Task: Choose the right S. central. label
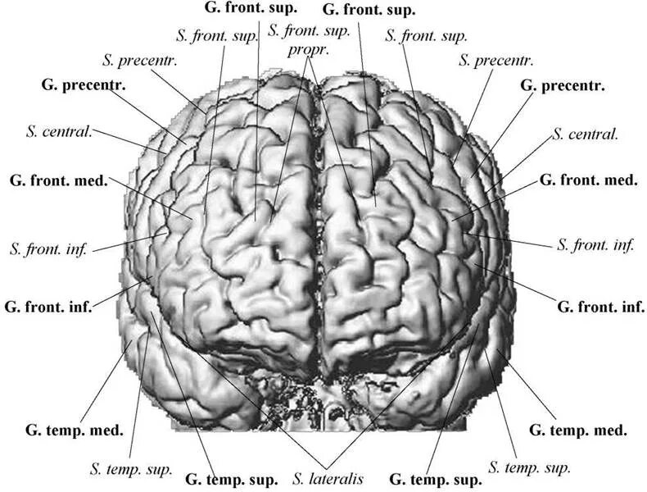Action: tap(585, 134)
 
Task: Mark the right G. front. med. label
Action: tap(588, 180)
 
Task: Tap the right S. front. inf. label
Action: tap(595, 244)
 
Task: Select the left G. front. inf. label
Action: tap(48, 307)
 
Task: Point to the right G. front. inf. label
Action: tap(601, 307)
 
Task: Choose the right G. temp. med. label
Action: tap(578, 429)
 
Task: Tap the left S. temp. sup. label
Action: tap(130, 470)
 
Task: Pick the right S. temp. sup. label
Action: tap(528, 467)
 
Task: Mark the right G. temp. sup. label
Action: tap(434, 478)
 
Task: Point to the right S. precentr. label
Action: tap(495, 60)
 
